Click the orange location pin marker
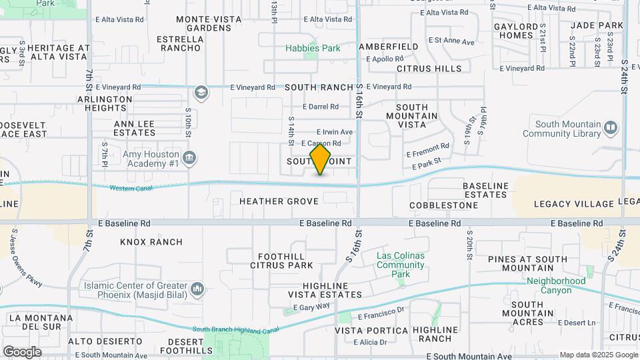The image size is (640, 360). (321, 159)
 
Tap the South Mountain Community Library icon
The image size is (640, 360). (611, 127)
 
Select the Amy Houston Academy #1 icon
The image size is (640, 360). (190, 158)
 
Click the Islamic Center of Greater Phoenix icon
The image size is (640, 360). (197, 289)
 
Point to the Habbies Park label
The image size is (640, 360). (313, 48)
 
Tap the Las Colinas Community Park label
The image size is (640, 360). (400, 260)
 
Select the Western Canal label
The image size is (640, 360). (131, 189)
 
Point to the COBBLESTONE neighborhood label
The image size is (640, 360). (443, 205)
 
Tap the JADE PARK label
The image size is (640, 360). (597, 25)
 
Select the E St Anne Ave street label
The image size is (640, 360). (451, 41)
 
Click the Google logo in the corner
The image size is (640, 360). (22, 351)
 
